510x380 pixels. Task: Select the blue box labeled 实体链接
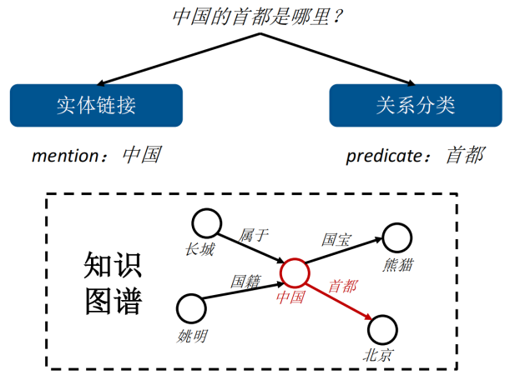tap(96, 106)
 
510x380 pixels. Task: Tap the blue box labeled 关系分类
tap(415, 106)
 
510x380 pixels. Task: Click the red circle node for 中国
tap(294, 272)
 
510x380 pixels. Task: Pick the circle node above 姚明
tap(192, 309)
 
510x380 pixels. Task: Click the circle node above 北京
tap(382, 328)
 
